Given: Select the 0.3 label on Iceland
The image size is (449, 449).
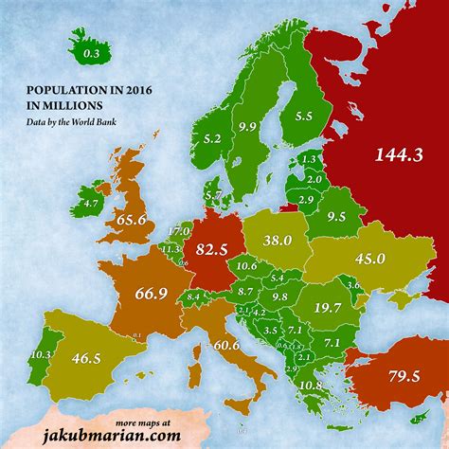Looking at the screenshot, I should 90,55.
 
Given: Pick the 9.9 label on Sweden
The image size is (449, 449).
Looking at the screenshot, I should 248,126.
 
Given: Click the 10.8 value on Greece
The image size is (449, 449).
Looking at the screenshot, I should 310,386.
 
